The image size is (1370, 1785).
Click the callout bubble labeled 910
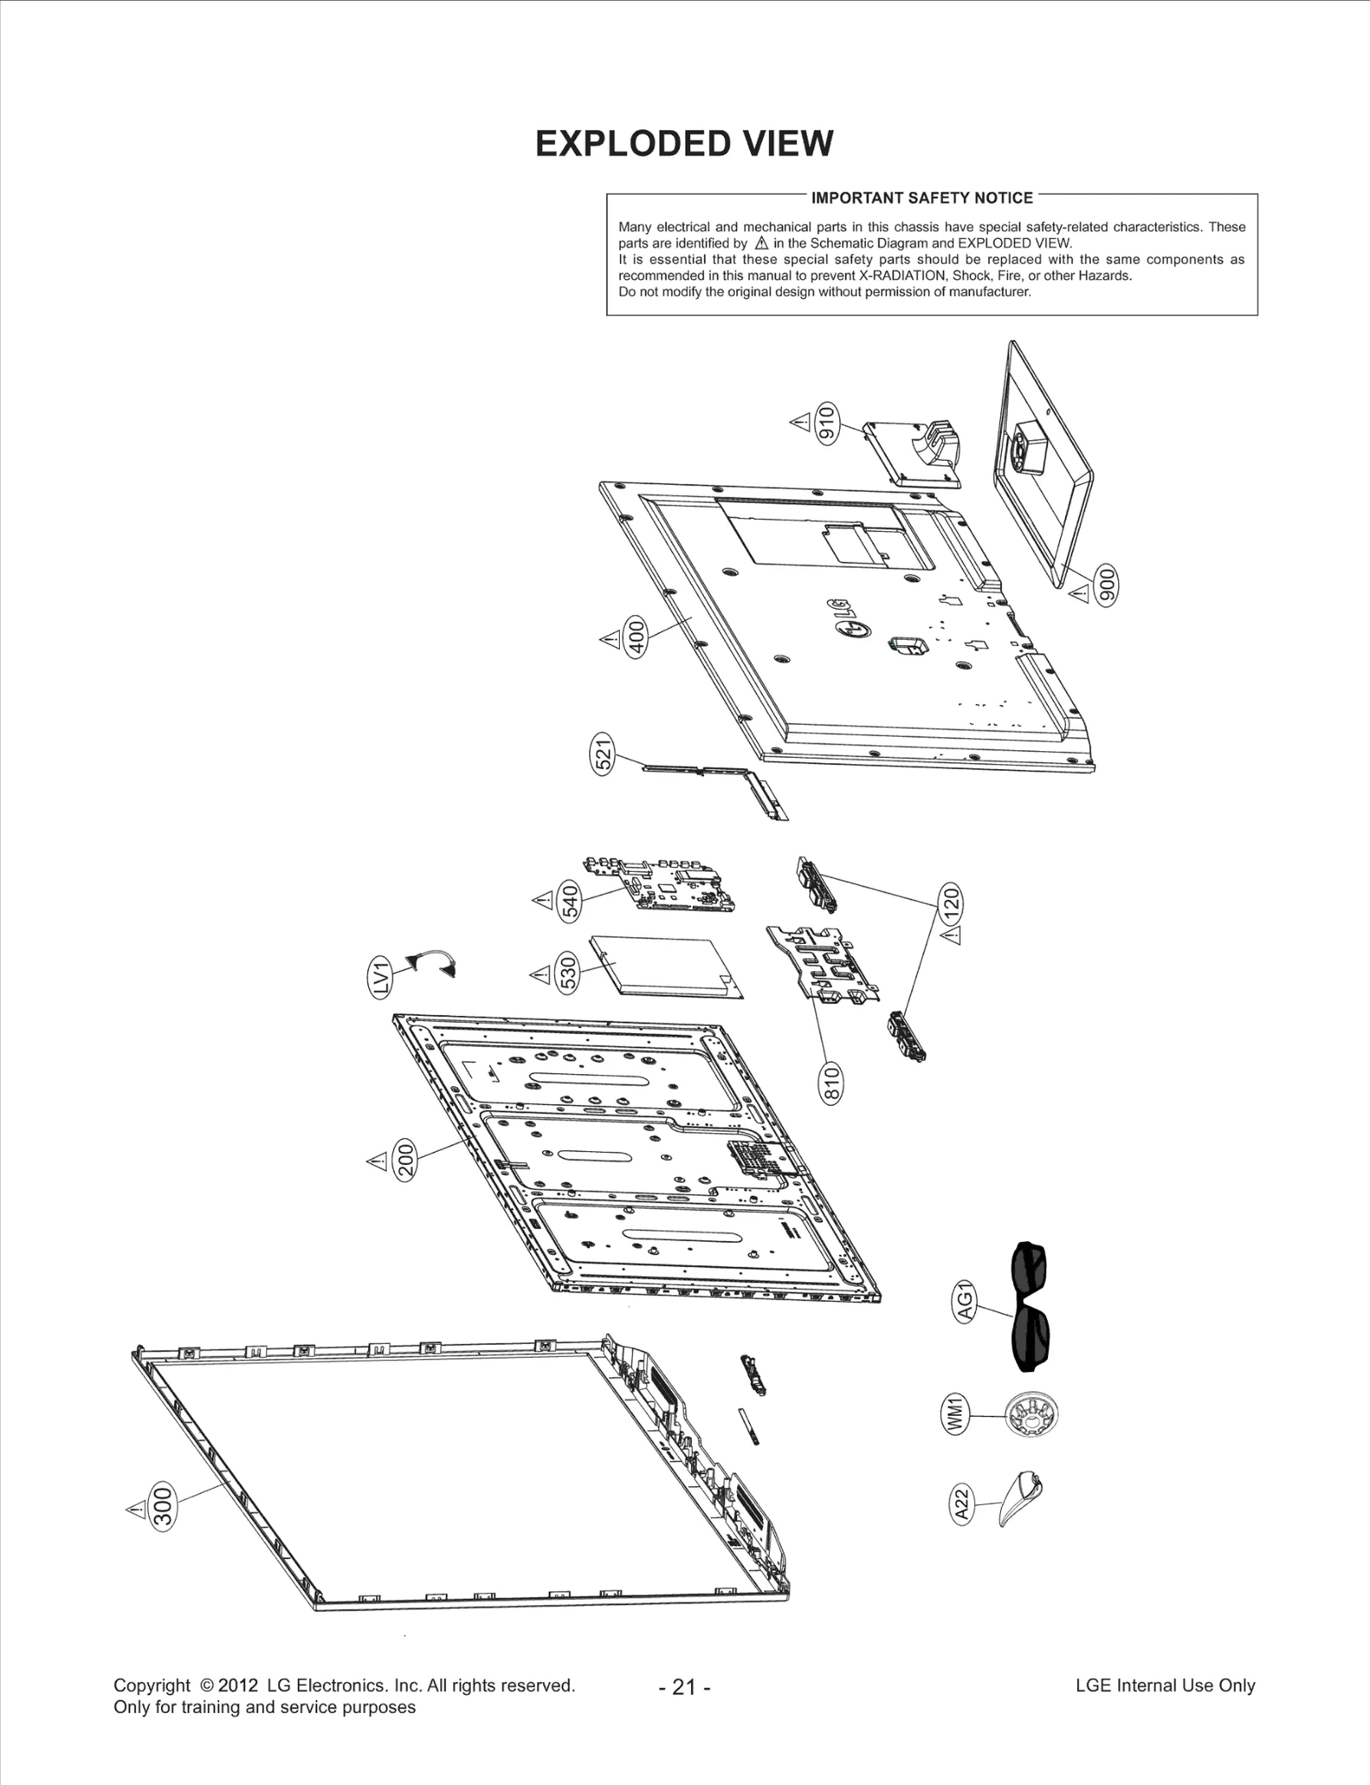826,421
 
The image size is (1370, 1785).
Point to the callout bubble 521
604,754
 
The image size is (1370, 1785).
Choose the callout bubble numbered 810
831,1083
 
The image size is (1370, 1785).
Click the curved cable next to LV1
432,962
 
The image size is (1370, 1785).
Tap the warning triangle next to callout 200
377,1161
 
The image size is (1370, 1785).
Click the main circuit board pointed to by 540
658,885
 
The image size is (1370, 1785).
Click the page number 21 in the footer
684,1686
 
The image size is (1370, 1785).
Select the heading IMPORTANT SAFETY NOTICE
921,198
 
